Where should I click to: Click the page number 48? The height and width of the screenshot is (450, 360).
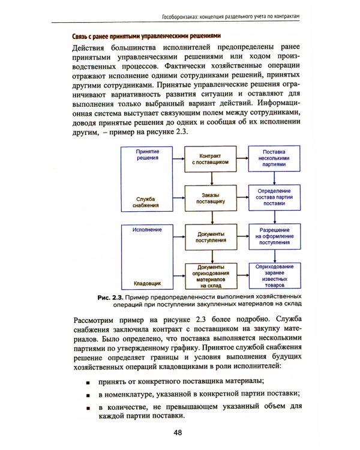pos(177,433)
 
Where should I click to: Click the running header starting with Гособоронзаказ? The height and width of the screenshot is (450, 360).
pos(244,13)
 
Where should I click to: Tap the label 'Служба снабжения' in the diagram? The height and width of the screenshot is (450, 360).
pos(146,202)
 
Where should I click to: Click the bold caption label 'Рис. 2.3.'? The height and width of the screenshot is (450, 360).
pos(110,298)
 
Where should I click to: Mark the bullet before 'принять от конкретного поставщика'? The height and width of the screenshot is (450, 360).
pos(88,382)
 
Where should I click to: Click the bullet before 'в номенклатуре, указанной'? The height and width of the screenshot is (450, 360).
pos(88,395)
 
